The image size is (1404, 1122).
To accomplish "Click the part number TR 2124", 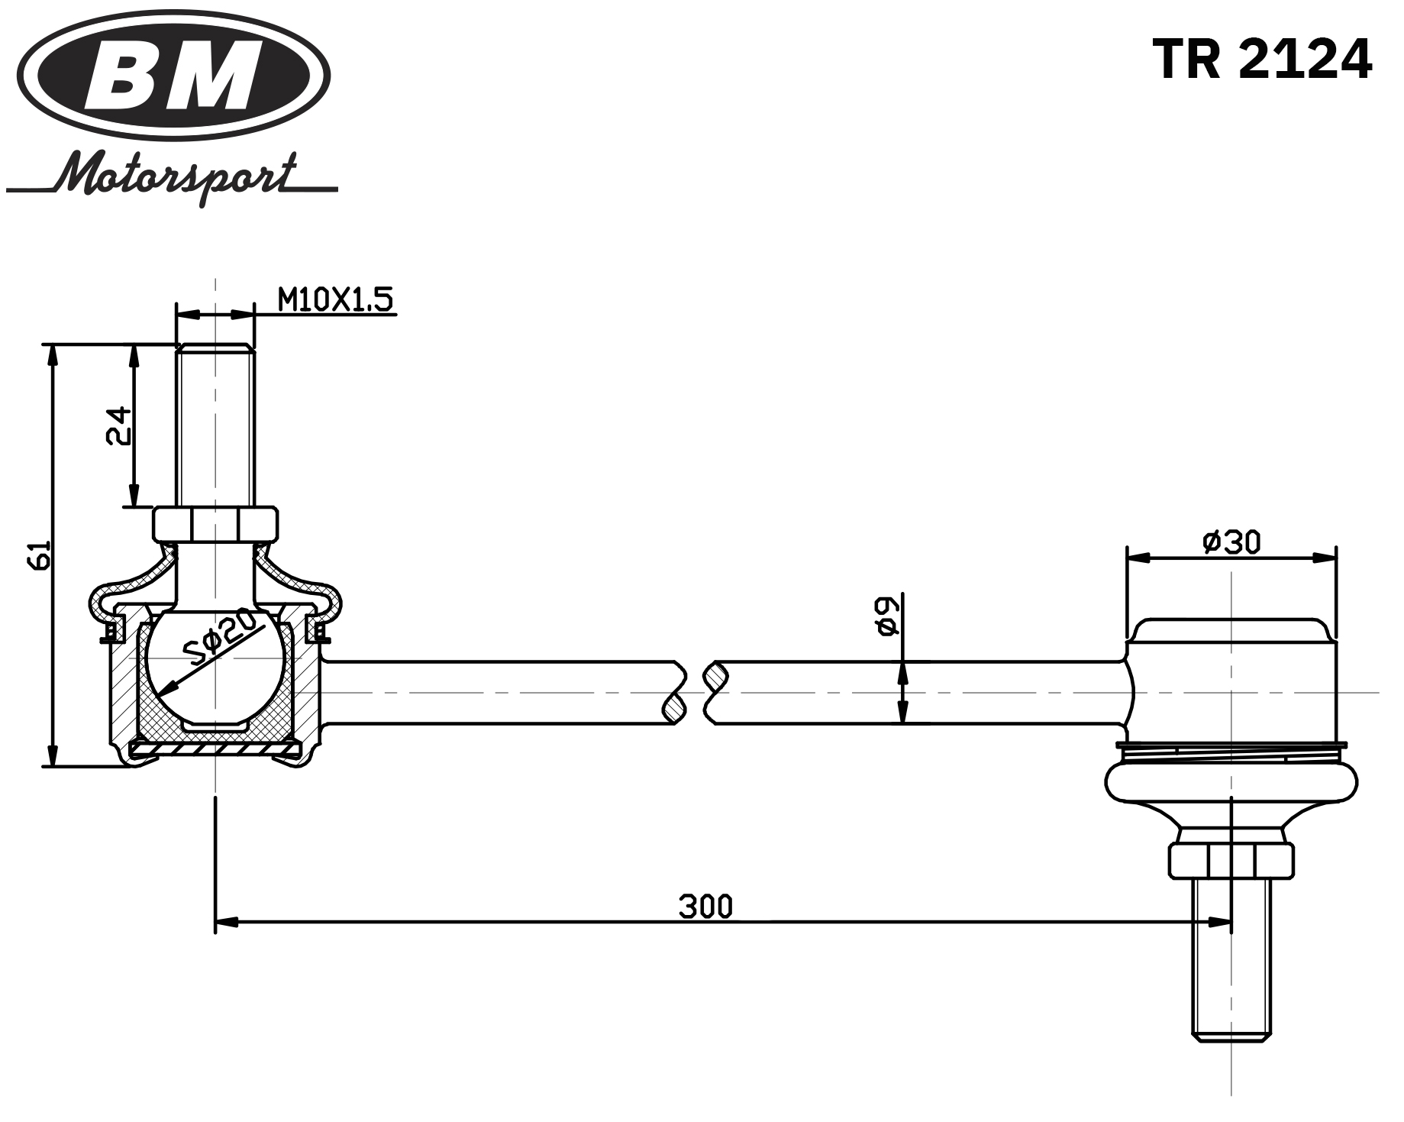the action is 1261,60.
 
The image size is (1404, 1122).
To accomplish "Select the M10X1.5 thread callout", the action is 336,300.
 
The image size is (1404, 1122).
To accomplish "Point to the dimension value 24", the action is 118,426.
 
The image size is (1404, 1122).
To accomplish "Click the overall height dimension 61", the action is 40,555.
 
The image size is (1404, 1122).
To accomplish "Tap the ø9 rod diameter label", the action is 886,616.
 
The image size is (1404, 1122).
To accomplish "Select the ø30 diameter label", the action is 1231,542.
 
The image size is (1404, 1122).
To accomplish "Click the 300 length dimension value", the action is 705,907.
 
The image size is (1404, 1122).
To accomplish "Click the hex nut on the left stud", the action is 216,524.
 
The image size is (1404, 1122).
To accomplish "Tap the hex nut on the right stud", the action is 1231,860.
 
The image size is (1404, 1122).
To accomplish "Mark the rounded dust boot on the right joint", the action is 1231,784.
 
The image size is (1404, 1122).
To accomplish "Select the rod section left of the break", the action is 496,692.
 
